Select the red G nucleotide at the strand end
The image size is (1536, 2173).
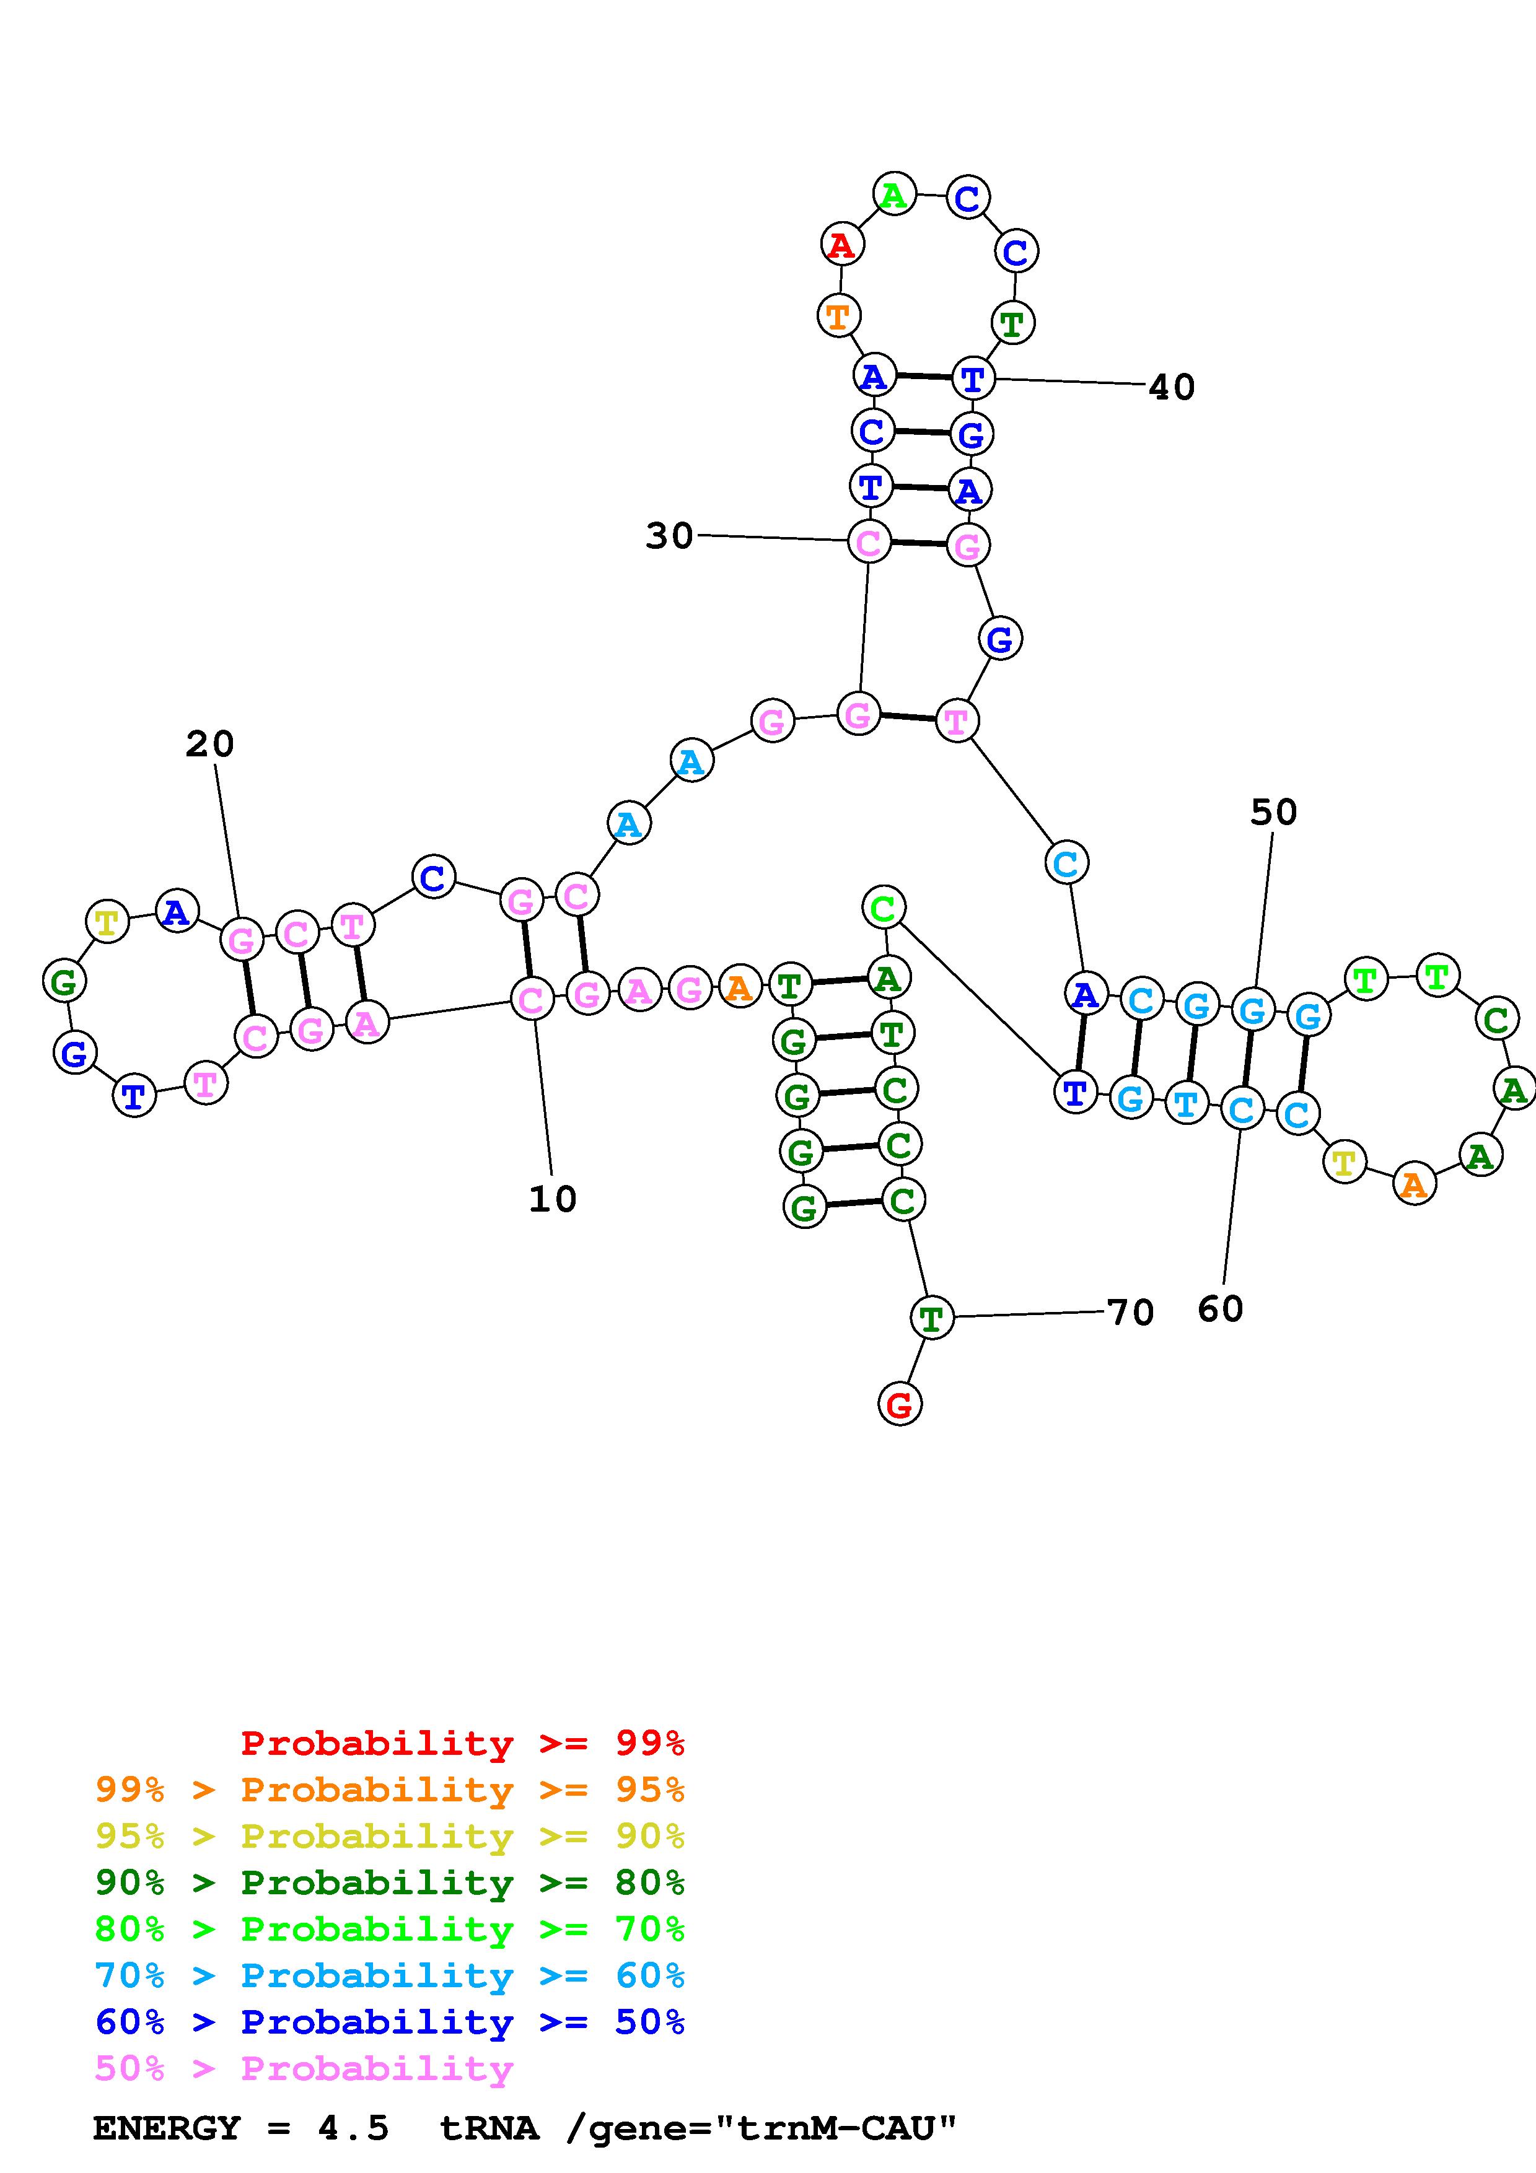(899, 1404)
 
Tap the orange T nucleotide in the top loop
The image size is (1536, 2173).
(838, 315)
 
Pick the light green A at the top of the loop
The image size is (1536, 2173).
(893, 195)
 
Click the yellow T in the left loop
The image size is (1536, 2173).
(107, 921)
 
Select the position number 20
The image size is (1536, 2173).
(209, 744)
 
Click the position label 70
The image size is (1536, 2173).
(1131, 1313)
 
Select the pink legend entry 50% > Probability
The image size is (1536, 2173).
(304, 2069)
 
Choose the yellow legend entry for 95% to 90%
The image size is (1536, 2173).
(389, 1837)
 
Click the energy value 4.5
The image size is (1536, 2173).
(353, 2128)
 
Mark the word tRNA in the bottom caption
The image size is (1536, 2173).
(489, 2128)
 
